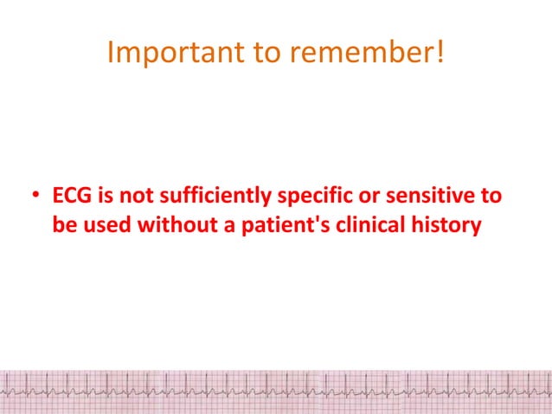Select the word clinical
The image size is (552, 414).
(359, 228)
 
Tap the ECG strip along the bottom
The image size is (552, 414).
(276, 391)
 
